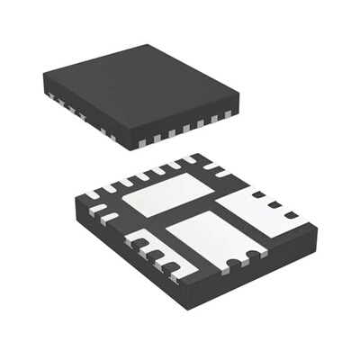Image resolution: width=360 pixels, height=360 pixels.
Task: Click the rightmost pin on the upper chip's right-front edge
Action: point(228,115)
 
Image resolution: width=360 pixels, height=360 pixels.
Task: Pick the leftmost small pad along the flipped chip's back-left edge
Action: point(93,193)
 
